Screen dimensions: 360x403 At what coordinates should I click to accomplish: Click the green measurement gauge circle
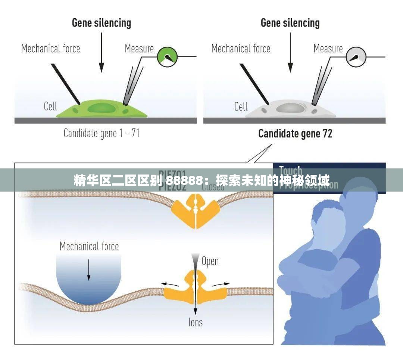point(166,57)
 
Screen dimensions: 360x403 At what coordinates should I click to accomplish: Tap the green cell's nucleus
point(101,108)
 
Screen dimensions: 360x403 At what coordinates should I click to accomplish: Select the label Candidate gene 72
point(295,134)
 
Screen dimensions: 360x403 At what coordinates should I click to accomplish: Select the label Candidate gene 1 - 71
point(101,133)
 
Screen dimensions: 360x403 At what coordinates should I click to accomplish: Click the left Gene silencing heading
point(101,23)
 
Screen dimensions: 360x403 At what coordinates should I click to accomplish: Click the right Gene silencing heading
point(290,23)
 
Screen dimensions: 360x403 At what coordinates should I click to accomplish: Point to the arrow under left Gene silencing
point(101,52)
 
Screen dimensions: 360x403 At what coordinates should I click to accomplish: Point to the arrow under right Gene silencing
point(290,52)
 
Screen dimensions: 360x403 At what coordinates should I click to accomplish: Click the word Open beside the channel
point(210,261)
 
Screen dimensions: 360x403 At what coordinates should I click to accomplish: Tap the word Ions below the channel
point(196,322)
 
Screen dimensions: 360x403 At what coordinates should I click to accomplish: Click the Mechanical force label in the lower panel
point(89,246)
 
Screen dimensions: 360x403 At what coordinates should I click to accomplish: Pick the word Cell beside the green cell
point(50,106)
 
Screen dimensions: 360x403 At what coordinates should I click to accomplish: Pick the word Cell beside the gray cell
point(241,107)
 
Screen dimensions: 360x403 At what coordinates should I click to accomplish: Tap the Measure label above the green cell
point(139,49)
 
